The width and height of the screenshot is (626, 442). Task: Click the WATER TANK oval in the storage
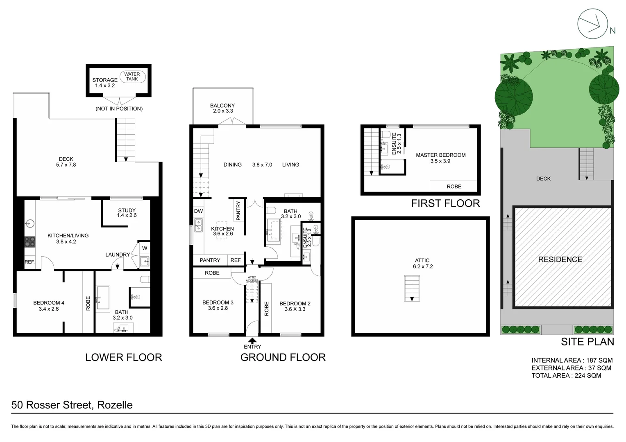(x=132, y=77)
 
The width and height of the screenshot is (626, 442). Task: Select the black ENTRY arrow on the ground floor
(x=252, y=340)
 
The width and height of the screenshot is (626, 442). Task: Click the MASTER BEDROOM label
(x=440, y=155)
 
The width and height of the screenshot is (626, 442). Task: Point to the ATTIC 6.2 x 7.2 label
(x=422, y=263)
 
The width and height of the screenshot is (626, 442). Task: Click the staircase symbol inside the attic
(x=412, y=288)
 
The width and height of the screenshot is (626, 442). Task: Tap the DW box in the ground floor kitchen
(x=198, y=211)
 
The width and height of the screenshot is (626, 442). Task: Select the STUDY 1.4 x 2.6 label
(x=127, y=213)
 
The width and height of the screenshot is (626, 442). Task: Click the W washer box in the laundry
(x=145, y=248)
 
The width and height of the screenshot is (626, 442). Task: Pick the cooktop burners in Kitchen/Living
(x=30, y=241)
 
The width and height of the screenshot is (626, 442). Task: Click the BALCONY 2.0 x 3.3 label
(x=222, y=108)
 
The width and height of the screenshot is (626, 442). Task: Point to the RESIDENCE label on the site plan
(x=560, y=259)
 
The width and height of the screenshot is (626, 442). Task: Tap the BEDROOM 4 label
(x=49, y=306)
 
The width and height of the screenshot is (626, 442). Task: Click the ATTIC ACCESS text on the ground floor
(x=252, y=279)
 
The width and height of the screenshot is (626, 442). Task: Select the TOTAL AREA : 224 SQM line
(x=566, y=375)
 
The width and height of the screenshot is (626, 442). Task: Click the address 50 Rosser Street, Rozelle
(x=72, y=405)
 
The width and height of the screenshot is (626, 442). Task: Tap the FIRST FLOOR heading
(x=445, y=203)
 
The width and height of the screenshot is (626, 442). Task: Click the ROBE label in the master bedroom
(x=454, y=187)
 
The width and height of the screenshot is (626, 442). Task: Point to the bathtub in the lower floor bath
(x=102, y=298)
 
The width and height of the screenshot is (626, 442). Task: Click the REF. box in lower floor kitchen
(x=29, y=262)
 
